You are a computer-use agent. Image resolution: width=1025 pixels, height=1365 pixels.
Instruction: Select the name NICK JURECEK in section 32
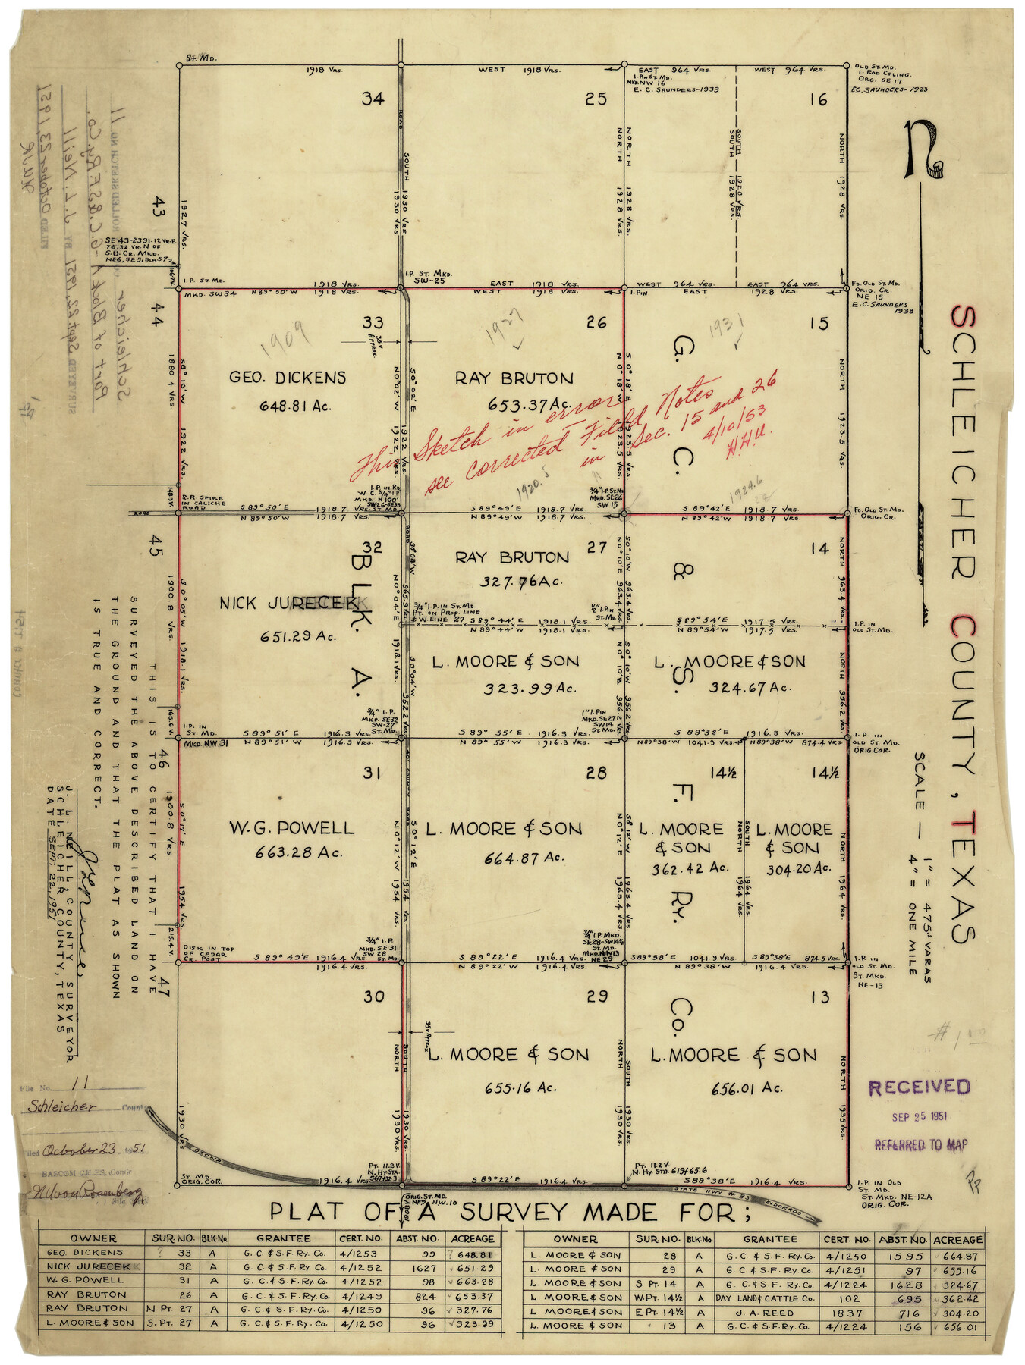click(287, 603)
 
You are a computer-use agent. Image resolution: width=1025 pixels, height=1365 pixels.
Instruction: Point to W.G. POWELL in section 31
click(291, 828)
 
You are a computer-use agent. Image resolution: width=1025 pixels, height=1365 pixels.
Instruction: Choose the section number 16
click(818, 99)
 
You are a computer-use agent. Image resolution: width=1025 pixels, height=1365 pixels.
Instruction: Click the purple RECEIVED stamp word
click(919, 1087)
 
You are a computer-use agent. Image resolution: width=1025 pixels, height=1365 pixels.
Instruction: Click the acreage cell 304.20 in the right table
click(958, 1313)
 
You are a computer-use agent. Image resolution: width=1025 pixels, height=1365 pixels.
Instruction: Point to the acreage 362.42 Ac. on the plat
click(679, 868)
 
